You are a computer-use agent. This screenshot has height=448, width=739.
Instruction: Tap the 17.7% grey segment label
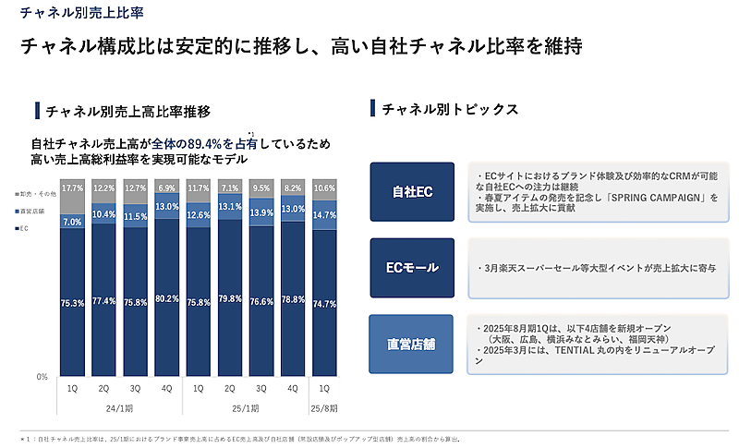coord(73,188)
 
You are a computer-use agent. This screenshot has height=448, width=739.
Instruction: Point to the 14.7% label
coord(324,214)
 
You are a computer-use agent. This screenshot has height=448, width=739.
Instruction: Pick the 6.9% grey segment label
coord(167,188)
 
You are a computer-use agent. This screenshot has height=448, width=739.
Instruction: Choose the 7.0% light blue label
coord(73,222)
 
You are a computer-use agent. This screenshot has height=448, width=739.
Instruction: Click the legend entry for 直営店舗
coord(34,212)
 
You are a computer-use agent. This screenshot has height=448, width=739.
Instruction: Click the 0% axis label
coord(42,377)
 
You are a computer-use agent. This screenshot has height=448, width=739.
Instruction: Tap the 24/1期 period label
coord(120,406)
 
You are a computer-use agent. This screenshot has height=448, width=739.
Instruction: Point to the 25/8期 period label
coord(324,406)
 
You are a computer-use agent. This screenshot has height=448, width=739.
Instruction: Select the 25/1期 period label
coord(245,406)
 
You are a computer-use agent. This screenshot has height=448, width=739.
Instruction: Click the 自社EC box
coord(412,192)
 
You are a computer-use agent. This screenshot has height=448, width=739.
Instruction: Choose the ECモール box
coord(412,268)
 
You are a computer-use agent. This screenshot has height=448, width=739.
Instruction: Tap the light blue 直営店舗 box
coord(412,344)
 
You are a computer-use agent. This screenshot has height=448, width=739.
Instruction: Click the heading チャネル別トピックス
coord(450,109)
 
